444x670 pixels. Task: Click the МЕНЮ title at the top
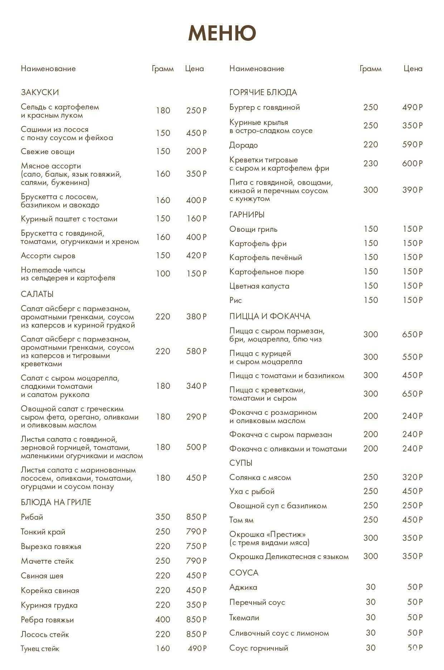(x=222, y=33)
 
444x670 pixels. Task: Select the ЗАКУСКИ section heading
(x=40, y=92)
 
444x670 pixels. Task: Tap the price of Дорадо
(x=412, y=145)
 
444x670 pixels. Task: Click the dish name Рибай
(x=32, y=517)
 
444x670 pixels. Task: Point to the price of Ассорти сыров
(x=196, y=255)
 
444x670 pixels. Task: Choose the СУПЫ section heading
(x=241, y=463)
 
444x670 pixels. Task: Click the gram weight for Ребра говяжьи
(x=163, y=620)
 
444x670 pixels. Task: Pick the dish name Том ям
(x=241, y=520)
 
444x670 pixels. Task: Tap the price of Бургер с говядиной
(x=412, y=107)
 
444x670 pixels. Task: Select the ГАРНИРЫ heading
(x=247, y=215)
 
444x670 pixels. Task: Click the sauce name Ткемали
(x=244, y=617)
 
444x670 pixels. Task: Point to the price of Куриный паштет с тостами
(x=196, y=219)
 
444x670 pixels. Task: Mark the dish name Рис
(x=235, y=300)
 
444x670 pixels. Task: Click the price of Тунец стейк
(x=197, y=648)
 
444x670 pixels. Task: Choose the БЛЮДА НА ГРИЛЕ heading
(x=56, y=502)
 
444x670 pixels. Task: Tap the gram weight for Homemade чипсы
(x=163, y=274)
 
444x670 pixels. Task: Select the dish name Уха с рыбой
(x=252, y=491)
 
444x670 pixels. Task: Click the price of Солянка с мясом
(x=412, y=477)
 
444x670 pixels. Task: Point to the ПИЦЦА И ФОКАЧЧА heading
(x=270, y=316)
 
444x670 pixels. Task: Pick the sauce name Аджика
(x=243, y=587)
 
